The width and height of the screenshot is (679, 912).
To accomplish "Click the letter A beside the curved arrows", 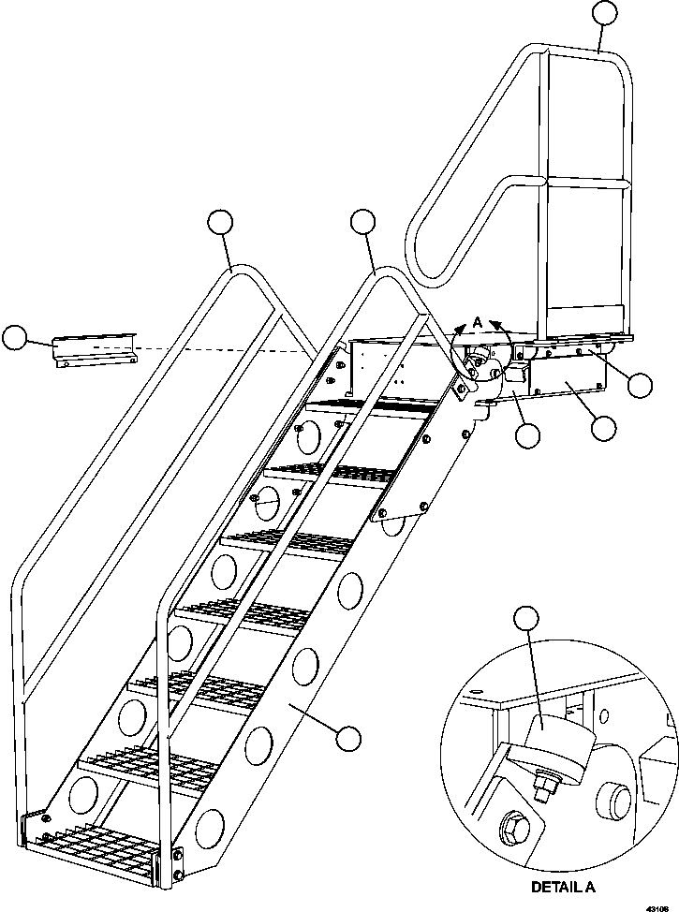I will coord(478,321).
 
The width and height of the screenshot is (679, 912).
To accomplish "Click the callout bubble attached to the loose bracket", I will coord(16,339).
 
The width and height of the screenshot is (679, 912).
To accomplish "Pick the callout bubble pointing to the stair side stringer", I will coord(349,738).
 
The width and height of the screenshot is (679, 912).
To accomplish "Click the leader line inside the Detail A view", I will coord(531,674).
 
